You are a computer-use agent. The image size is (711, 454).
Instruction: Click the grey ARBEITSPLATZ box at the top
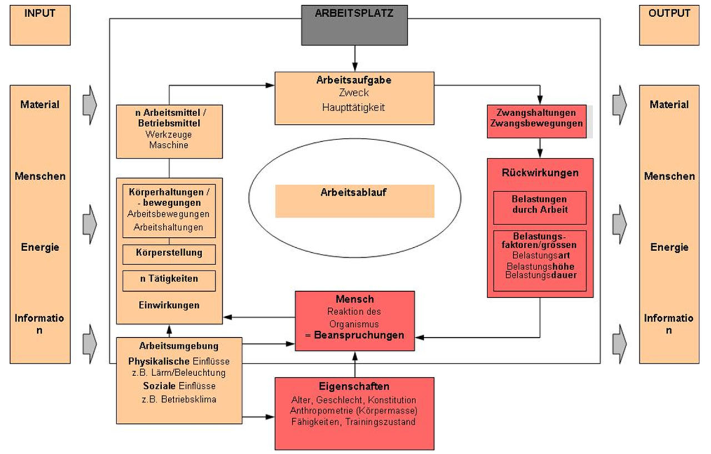354,24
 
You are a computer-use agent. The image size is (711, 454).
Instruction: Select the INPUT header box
40,25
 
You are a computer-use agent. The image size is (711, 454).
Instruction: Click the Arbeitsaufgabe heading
354,80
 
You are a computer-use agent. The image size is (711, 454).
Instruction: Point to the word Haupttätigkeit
354,108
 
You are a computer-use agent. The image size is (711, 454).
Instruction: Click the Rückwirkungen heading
540,173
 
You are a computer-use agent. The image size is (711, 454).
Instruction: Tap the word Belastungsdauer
540,275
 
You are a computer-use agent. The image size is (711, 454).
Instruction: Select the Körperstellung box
169,253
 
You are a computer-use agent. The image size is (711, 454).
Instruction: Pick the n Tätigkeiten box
169,280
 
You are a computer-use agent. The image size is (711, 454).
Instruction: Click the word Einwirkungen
169,305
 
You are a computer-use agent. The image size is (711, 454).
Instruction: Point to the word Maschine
168,145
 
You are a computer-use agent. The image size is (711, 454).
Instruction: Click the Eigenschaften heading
354,387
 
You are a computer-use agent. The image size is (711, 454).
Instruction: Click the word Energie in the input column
40,247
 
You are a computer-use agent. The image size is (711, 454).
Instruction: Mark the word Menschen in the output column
669,176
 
